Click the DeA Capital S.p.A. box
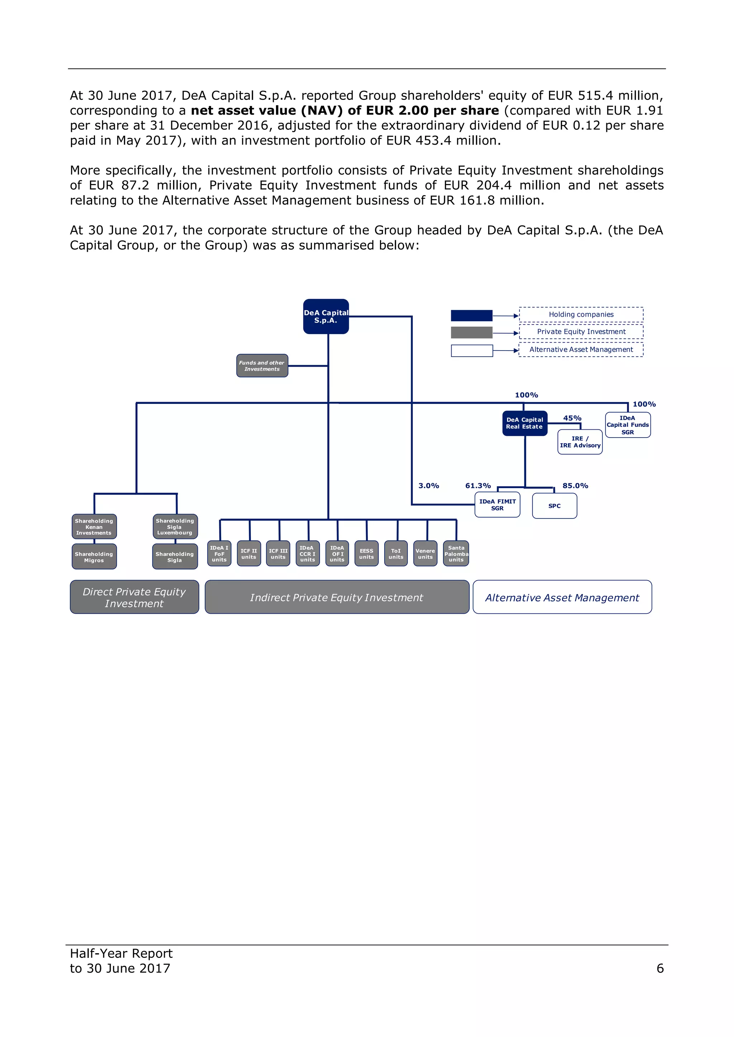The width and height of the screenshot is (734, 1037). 326,317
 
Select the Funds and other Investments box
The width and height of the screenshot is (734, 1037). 262,366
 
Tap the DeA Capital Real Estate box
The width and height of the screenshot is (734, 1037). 525,423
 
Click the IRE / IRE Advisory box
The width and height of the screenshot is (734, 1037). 580,442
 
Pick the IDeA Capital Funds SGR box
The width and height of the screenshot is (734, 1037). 628,425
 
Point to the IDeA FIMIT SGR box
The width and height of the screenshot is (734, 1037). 497,505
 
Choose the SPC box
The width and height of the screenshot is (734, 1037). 554,506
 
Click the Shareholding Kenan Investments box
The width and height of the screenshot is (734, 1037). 94,527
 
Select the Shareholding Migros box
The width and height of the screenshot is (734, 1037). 94,557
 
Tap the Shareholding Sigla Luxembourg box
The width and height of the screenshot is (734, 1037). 175,527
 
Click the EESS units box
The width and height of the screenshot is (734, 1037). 367,554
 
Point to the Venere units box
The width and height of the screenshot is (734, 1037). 425,554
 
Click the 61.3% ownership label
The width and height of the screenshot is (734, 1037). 478,486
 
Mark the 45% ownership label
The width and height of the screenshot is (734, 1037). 572,418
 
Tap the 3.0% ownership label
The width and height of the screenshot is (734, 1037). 429,486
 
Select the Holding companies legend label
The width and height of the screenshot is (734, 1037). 581,314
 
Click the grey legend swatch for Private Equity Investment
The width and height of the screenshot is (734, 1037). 471,332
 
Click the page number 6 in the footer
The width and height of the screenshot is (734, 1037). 660,968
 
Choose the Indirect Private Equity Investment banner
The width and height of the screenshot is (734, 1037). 337,597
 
